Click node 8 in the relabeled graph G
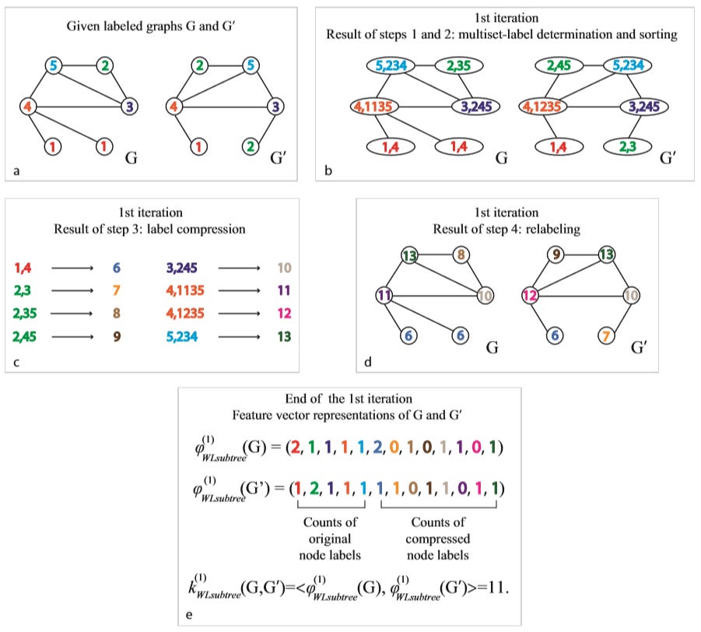coord(461,255)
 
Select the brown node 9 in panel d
coord(556,255)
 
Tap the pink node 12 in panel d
coord(530,295)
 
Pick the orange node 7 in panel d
coord(606,335)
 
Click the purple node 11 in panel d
coord(384,295)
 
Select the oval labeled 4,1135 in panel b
coord(373,107)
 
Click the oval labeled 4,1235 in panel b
coord(542,107)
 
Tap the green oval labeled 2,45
coord(559,65)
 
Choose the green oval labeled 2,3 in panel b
coord(627,146)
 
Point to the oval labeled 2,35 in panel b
coord(459,65)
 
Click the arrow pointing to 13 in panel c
coord(239,337)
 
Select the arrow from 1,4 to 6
coord(72,268)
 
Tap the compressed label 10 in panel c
coord(284,268)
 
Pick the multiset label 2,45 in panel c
coord(24,336)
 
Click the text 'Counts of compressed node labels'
coord(438,539)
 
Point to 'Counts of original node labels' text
coord(330,539)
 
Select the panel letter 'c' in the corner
coord(16,362)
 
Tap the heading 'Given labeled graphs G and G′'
coord(151,26)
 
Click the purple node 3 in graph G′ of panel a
coord(275,107)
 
